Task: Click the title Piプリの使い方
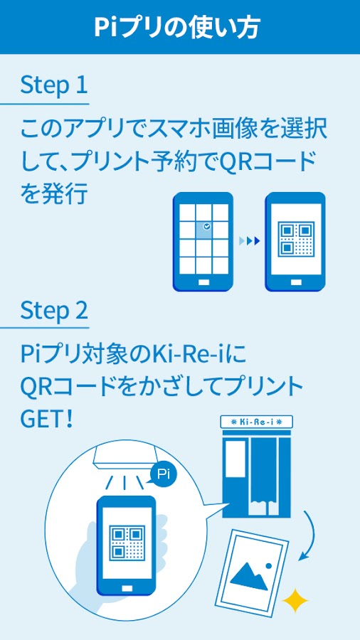pos(176,28)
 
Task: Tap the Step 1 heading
pos(54,85)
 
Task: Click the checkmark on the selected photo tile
pos(207,225)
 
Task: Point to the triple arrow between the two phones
pos(250,241)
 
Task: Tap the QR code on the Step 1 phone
pos(296,238)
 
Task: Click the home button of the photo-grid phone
pos(203,282)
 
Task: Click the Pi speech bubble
pos(163,474)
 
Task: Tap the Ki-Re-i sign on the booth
pos(256,421)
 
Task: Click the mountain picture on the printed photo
pos(250,576)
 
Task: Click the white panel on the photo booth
pos(235,459)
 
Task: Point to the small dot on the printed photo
pos(268,566)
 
